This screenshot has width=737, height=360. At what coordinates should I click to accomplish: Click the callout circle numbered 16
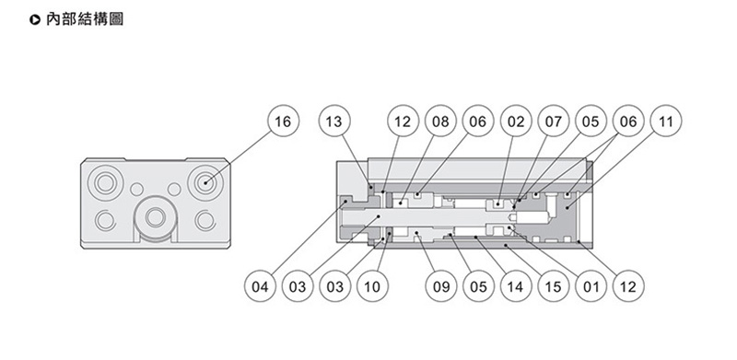pyautogui.click(x=283, y=121)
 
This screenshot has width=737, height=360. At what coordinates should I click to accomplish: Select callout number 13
pyautogui.click(x=334, y=121)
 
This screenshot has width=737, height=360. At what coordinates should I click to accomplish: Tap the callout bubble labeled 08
pyautogui.click(x=440, y=121)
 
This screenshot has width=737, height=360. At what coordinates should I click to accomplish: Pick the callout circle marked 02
pyautogui.click(x=516, y=121)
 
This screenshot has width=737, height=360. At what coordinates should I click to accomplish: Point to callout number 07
pyautogui.click(x=554, y=121)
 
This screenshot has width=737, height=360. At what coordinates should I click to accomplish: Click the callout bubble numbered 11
pyautogui.click(x=665, y=121)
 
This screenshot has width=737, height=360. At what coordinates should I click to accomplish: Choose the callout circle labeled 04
pyautogui.click(x=260, y=286)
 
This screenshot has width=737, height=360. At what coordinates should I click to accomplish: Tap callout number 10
pyautogui.click(x=372, y=286)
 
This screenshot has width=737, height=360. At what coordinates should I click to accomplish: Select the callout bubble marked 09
pyautogui.click(x=441, y=286)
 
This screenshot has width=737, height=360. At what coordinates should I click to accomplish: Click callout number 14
pyautogui.click(x=516, y=286)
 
